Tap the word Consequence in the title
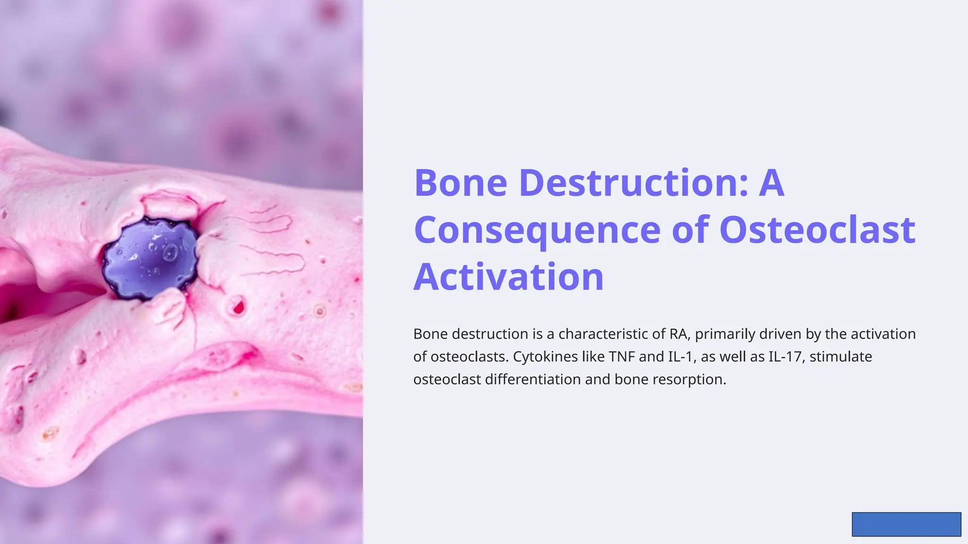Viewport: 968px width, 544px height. click(x=537, y=230)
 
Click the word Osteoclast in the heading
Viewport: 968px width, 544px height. click(x=817, y=230)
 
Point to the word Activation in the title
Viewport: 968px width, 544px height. click(x=509, y=277)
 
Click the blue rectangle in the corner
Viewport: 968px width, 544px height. click(x=906, y=524)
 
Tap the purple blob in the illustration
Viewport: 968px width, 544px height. click(x=150, y=259)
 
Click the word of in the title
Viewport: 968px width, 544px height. click(x=690, y=230)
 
